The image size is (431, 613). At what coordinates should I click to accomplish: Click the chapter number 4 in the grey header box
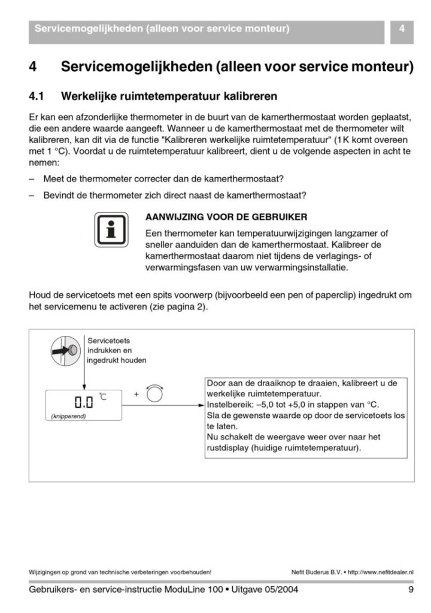tap(402, 28)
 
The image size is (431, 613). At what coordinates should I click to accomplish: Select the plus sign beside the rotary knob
tap(136, 394)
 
